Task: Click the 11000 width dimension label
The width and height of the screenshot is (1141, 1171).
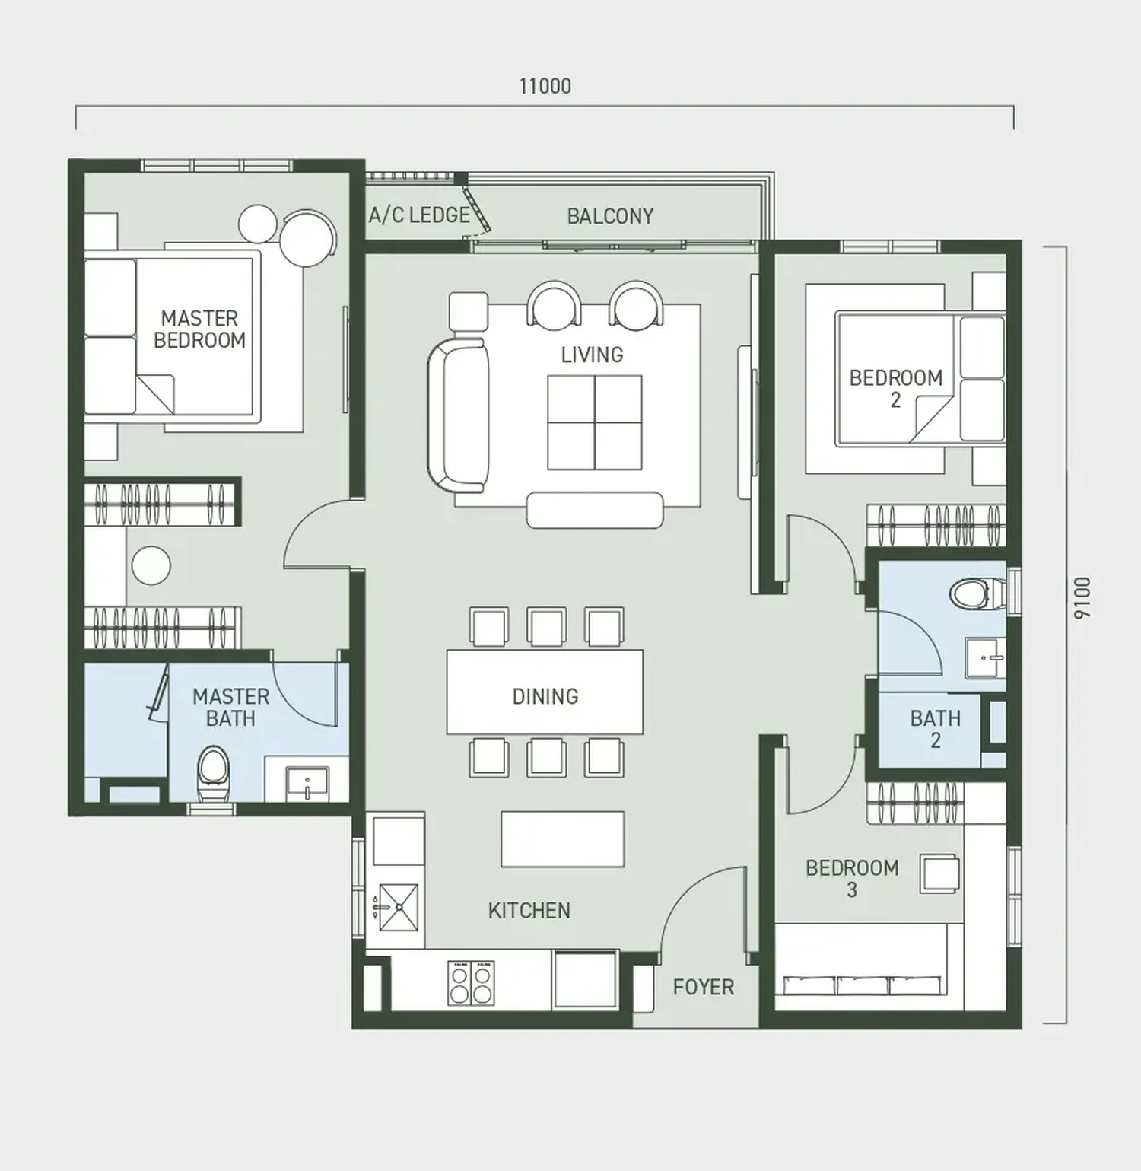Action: click(x=545, y=86)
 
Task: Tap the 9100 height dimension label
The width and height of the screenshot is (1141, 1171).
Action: click(x=1082, y=598)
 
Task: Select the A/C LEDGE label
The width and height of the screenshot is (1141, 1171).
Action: click(x=420, y=215)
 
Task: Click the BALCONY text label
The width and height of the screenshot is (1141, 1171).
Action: click(x=610, y=216)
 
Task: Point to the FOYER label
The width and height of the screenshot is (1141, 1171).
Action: click(x=704, y=987)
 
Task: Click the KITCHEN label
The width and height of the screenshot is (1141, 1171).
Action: click(x=529, y=910)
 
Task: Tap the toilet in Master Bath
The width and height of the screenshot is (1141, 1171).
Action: click(x=213, y=773)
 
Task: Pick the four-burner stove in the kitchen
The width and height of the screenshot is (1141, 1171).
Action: click(x=471, y=983)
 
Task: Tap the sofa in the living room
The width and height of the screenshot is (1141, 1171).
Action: click(x=458, y=415)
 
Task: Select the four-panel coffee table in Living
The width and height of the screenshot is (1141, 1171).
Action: click(x=595, y=422)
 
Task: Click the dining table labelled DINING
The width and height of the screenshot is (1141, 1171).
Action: click(x=545, y=692)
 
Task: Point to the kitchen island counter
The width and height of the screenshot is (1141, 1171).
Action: click(x=563, y=838)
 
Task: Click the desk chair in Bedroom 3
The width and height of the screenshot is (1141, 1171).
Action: click(x=939, y=873)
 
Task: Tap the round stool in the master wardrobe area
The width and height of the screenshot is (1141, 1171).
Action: click(x=151, y=565)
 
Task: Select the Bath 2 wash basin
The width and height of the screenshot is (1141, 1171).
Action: click(x=985, y=657)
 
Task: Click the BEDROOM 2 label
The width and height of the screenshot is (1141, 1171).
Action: click(x=895, y=388)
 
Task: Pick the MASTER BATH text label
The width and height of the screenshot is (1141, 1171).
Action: click(x=230, y=707)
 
